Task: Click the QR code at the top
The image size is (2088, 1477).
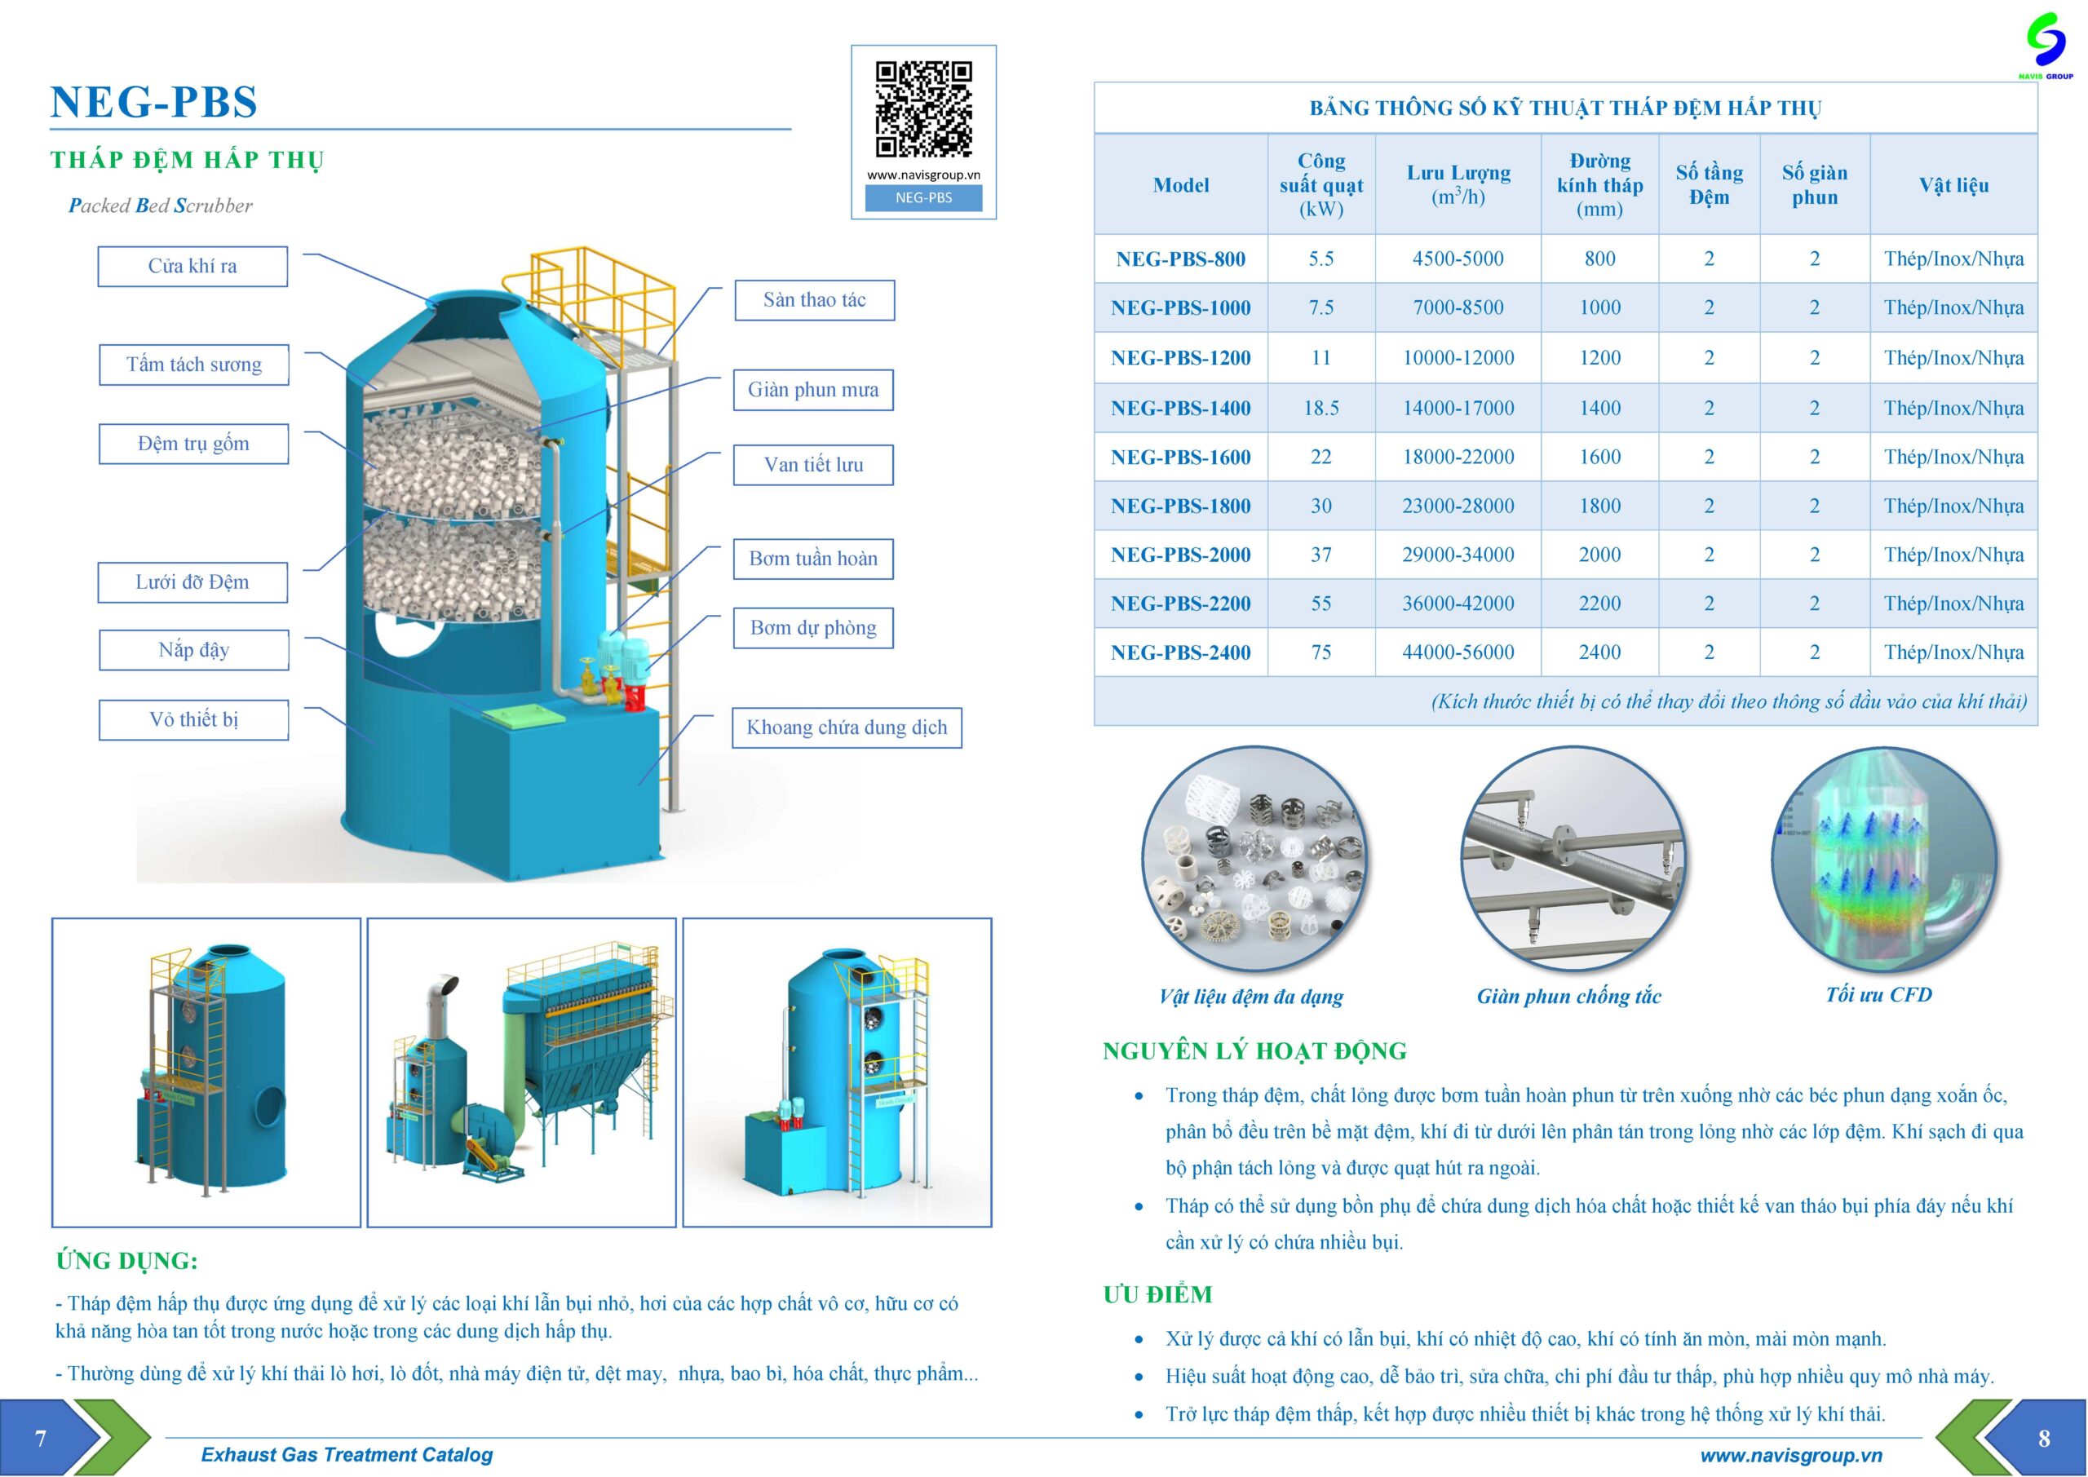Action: pos(923,109)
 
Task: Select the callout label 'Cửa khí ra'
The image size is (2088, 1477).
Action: pos(192,267)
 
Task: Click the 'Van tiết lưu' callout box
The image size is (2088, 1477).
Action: pos(813,465)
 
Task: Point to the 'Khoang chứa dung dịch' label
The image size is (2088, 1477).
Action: pos(847,727)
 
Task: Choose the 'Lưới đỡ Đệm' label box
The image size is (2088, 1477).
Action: pos(192,582)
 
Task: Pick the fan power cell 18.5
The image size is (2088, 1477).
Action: pos(1320,409)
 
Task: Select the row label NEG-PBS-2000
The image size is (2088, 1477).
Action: pos(1180,555)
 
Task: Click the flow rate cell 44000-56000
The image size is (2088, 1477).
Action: pos(1458,652)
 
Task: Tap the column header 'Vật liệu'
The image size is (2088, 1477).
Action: pos(1953,185)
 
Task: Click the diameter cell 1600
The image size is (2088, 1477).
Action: pos(1599,458)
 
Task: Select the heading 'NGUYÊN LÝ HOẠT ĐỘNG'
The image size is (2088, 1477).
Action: pos(1254,1051)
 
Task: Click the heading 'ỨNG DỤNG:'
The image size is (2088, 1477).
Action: pos(126,1261)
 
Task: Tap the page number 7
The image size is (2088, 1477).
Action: pos(40,1438)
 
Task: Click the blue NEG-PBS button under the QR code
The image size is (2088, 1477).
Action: pos(923,198)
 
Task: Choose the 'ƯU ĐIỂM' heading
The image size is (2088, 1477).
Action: pos(1157,1294)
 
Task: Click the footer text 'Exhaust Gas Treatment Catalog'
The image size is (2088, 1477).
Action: pos(347,1454)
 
